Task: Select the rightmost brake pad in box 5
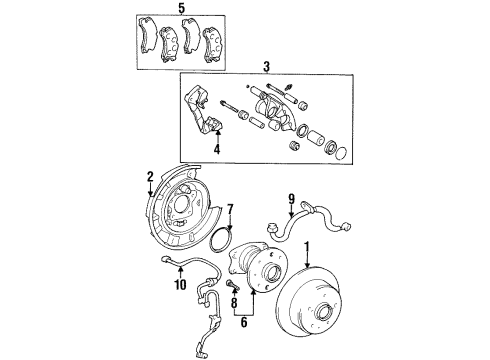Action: click(214, 43)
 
